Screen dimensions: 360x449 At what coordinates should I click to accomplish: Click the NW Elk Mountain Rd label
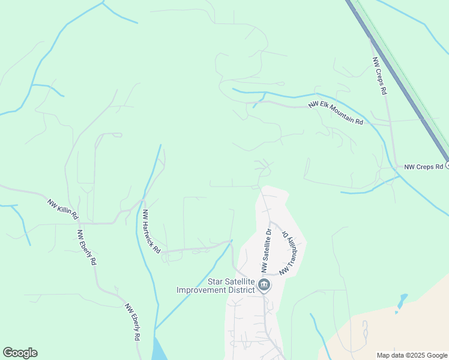point(336,113)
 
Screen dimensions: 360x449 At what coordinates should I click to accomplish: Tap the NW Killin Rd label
point(63,209)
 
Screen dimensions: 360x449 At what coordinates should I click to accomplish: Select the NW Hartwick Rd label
point(151,230)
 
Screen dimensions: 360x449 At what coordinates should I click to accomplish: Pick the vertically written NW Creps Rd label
point(379,76)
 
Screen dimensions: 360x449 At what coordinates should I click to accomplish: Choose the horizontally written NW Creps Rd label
point(423,166)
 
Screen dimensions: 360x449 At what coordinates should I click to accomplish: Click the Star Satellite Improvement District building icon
point(265,286)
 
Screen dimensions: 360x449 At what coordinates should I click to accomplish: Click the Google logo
point(20,353)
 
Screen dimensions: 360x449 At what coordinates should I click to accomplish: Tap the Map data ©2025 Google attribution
point(412,355)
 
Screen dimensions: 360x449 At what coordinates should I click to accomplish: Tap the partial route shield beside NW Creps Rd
point(447,166)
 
